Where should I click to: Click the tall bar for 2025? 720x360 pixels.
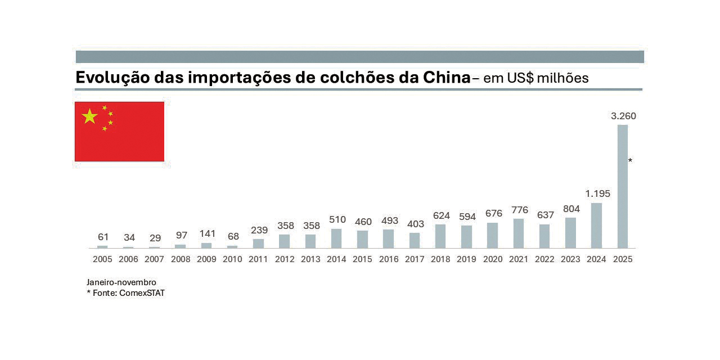pos(622,186)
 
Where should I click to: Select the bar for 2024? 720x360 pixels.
pos(596,226)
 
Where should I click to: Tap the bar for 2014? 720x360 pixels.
pos(336,238)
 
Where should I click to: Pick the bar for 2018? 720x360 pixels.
pos(440,236)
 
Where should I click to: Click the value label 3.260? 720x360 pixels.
pos(623,116)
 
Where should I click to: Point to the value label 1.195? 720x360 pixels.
pos(597,194)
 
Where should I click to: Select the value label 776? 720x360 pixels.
pos(519,210)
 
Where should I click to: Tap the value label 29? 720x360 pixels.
pos(155,238)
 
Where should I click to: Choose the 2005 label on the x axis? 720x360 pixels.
pos(102,259)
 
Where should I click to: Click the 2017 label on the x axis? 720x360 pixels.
pos(415,259)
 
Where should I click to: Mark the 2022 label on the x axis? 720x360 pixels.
pos(544,259)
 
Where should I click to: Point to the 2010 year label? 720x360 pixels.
pos(232,259)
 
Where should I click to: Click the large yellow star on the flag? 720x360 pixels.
pos(89,116)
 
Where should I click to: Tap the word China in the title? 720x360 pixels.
pos(445,78)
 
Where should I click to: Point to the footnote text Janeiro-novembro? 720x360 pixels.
pos(121,282)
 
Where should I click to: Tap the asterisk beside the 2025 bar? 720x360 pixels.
pos(630,161)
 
